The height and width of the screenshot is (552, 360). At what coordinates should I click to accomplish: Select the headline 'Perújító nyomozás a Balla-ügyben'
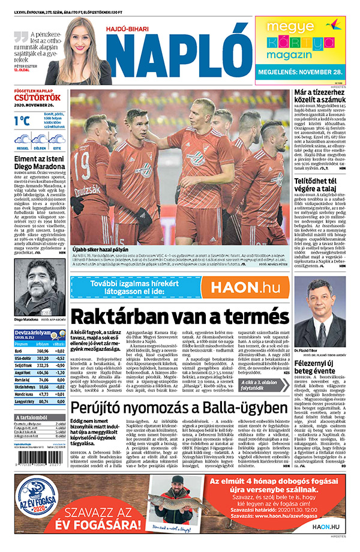(179, 409)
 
